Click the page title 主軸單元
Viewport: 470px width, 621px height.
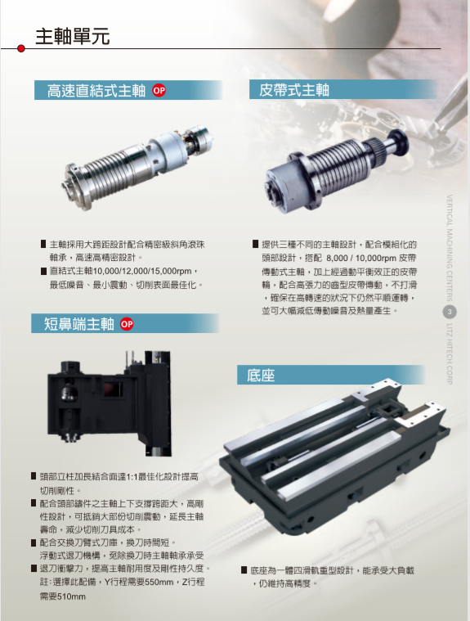pos(73,37)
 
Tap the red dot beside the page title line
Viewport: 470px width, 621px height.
pos(21,48)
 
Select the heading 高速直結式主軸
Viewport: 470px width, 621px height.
pos(96,91)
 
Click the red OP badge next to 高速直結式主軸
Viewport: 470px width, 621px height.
pos(159,91)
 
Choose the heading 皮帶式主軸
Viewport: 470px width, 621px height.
pos(294,90)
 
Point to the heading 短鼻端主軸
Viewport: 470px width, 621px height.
pos(78,324)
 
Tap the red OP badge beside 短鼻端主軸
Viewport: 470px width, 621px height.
pos(127,324)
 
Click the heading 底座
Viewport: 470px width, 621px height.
pos(261,375)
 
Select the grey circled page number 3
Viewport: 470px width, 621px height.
pos(450,312)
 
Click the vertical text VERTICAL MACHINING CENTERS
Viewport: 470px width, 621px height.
pos(450,248)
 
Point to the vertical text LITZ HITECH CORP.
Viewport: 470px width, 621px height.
pos(450,354)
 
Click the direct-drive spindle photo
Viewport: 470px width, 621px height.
pos(137,168)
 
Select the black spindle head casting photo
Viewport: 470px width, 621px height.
pos(110,403)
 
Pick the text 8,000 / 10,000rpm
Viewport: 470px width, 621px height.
pos(361,259)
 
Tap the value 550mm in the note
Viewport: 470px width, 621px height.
pos(159,583)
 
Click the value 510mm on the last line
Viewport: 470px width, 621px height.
pos(71,596)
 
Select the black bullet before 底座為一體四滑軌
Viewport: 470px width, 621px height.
pos(244,570)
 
